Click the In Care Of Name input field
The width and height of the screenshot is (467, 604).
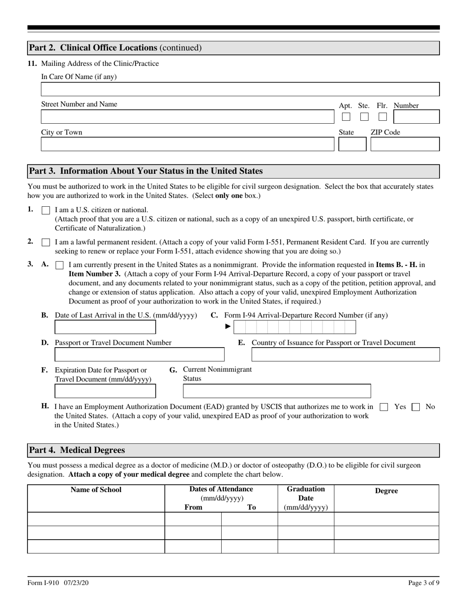240,89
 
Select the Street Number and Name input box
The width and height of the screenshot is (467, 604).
187,117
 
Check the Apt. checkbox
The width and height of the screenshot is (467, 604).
346,117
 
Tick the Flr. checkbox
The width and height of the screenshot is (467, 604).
382,117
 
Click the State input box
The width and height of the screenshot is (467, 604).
352,144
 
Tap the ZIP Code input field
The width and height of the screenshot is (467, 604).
405,144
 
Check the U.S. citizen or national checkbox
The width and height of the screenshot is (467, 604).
46,210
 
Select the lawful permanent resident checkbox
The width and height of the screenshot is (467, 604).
46,243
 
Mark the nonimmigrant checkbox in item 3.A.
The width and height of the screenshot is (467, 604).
59,265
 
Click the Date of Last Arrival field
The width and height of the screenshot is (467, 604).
105,327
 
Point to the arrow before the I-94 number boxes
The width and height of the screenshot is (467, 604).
228,327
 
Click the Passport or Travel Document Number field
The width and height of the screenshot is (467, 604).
139,355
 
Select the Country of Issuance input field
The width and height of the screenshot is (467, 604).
345,355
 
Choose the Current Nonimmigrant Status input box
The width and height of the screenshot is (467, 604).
277,391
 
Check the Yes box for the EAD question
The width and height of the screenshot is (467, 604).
384,407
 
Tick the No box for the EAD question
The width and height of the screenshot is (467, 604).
415,407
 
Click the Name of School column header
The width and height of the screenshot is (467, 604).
96,490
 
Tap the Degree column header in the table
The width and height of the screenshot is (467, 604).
386,491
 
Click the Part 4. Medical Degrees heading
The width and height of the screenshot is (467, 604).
77,450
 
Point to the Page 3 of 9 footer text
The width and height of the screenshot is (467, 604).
423,583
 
